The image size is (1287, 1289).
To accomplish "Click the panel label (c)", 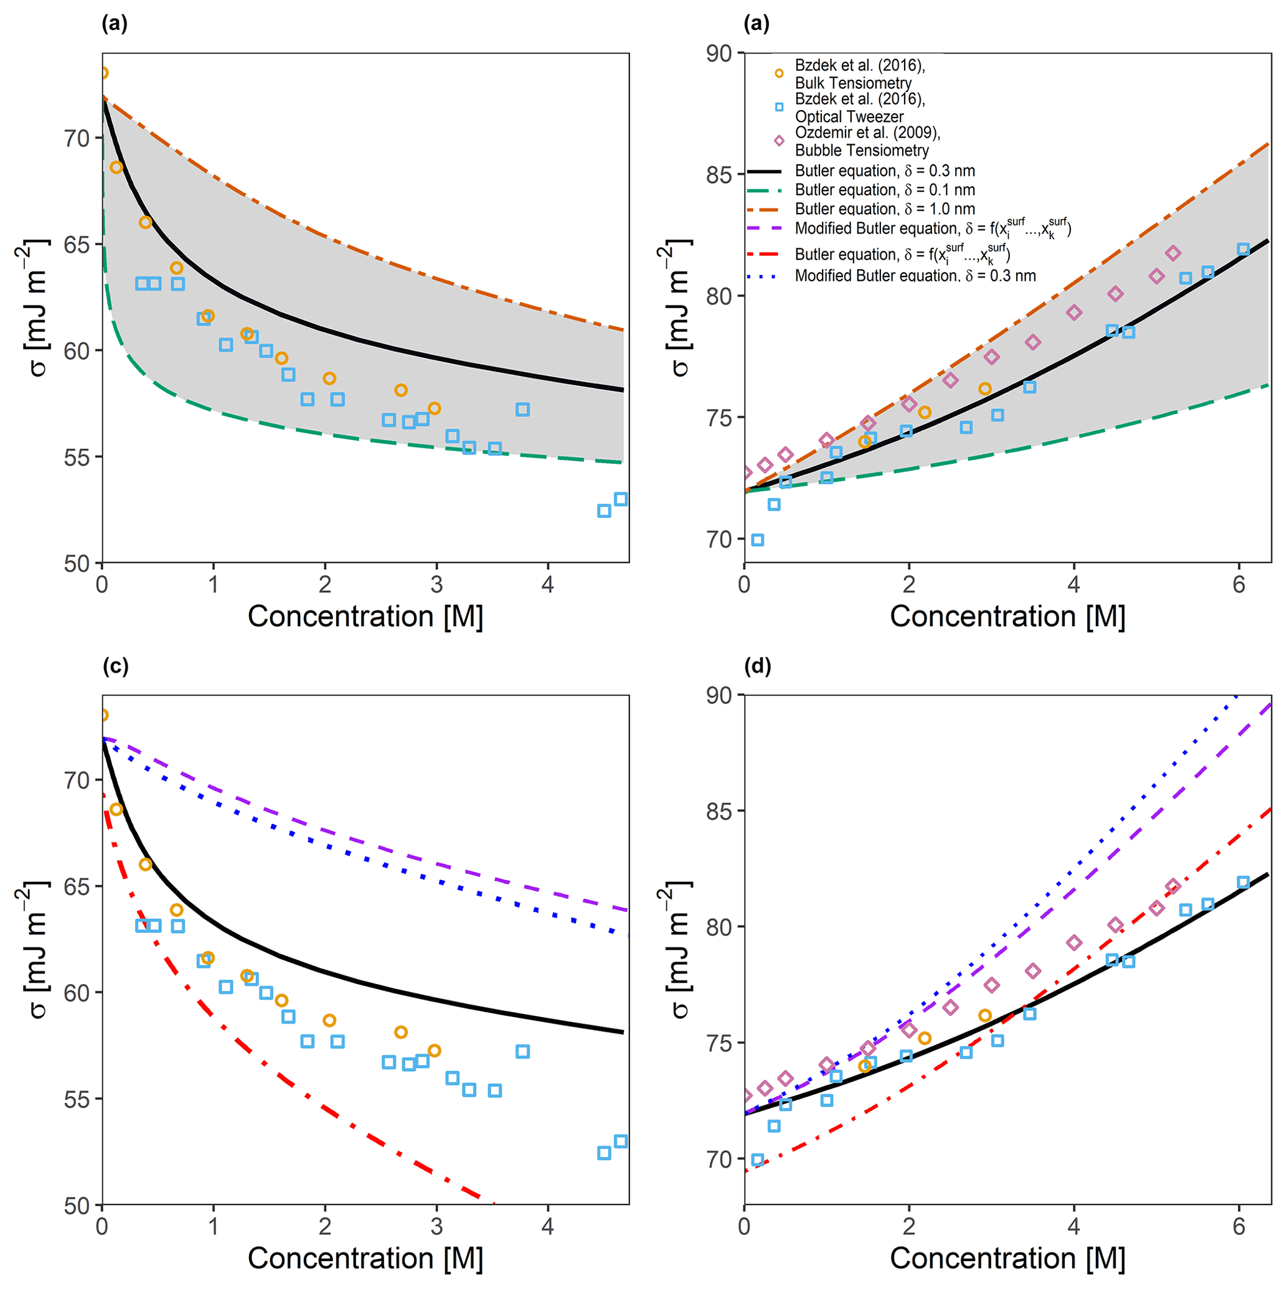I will (x=115, y=667).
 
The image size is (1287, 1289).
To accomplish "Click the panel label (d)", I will (x=758, y=667).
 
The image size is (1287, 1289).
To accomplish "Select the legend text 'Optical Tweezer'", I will (x=849, y=116).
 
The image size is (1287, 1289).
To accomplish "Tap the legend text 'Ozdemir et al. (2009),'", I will (x=867, y=133).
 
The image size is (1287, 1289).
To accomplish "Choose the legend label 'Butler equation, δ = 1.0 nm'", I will (x=885, y=209).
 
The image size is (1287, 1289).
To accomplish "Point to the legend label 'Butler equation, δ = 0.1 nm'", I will (x=885, y=190).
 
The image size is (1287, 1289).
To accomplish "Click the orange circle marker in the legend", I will (x=779, y=73).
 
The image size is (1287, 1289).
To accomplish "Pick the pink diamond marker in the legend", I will (x=779, y=141).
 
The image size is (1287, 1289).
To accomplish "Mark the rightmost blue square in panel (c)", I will (x=621, y=1141).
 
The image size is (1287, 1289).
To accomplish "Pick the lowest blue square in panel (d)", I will (x=758, y=1160).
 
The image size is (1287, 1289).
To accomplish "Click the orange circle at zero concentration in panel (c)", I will (x=103, y=715).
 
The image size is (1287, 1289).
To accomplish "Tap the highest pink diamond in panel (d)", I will (x=1173, y=887).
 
